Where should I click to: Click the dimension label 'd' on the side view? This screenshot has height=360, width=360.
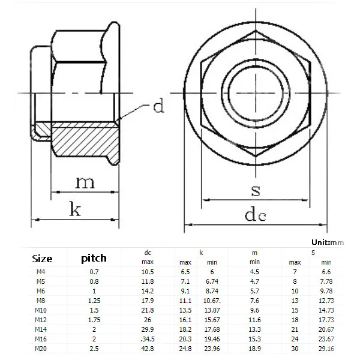coord(158,107)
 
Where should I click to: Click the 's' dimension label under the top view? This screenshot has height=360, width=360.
coord(256,191)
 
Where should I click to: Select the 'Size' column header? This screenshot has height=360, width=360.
coord(41,259)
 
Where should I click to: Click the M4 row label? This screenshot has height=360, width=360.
coord(41,272)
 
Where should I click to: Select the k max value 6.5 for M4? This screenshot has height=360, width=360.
coord(185,272)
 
